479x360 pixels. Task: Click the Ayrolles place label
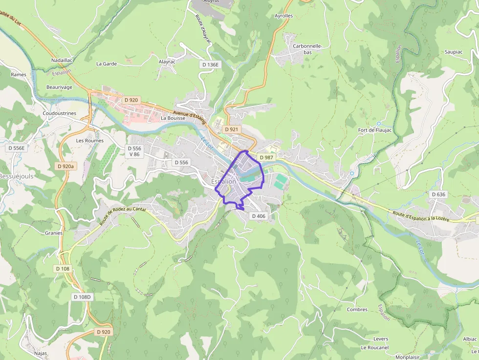pos(283,16)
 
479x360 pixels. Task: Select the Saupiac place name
pos(453,51)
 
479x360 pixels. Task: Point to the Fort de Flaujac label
pos(375,130)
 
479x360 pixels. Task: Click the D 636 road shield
pos(438,194)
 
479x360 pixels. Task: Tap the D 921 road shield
pos(231,129)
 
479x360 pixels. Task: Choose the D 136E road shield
pos(210,64)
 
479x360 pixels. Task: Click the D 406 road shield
pos(258,216)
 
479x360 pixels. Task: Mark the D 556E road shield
pos(16,148)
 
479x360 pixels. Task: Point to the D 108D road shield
pos(83,297)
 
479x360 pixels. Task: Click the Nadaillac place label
pos(62,60)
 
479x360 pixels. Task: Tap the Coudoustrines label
pos(59,113)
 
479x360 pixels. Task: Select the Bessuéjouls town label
pos(16,176)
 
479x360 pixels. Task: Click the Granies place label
pos(54,233)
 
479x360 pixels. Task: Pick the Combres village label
pos(357,310)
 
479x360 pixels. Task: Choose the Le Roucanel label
pos(374,347)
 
